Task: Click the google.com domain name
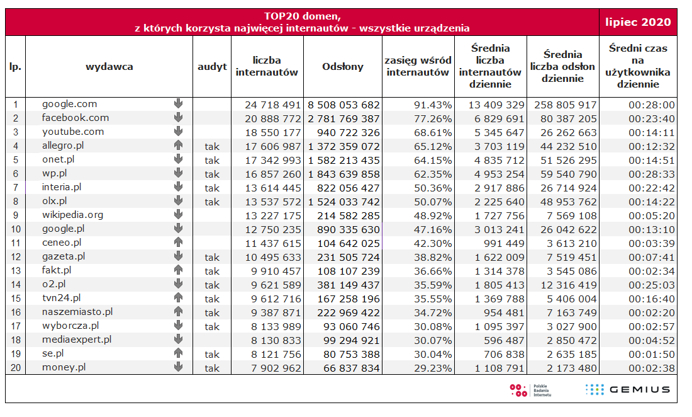pyautogui.click(x=69, y=105)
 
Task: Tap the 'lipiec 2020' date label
pyautogui.click(x=638, y=22)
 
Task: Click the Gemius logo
pyautogui.click(x=627, y=389)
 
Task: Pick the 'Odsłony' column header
pyautogui.click(x=342, y=66)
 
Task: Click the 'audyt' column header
pyautogui.click(x=212, y=66)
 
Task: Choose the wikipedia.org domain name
pyautogui.click(x=72, y=215)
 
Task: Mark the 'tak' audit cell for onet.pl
pyautogui.click(x=212, y=161)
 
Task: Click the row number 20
pyautogui.click(x=15, y=368)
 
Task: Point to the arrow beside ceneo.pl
pyautogui.click(x=178, y=243)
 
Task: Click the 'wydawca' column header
pyautogui.click(x=109, y=66)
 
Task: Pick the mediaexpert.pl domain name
pyautogui.click(x=76, y=340)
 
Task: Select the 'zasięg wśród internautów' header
pyautogui.click(x=418, y=66)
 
